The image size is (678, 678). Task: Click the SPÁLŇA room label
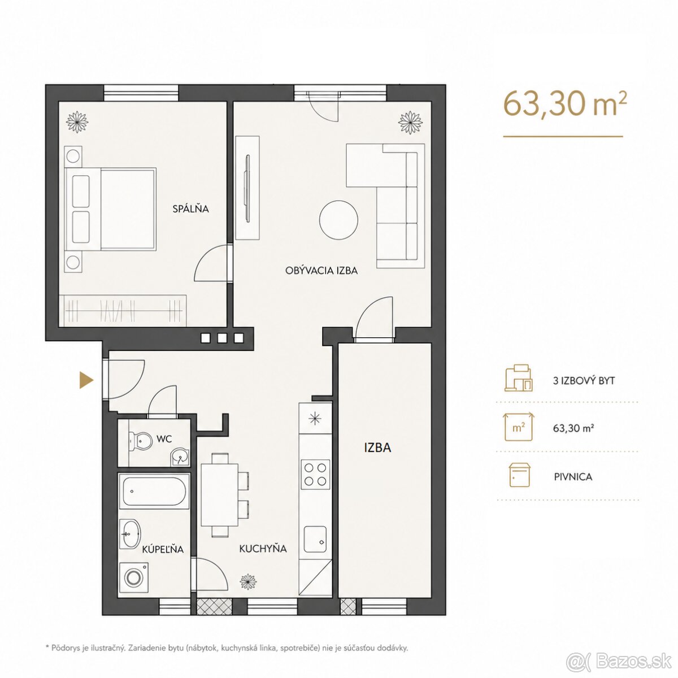[190, 208]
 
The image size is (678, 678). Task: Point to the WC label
[164, 439]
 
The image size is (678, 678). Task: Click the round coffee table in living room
[338, 220]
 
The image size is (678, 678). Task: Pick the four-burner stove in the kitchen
[315, 475]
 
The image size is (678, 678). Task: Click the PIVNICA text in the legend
[573, 477]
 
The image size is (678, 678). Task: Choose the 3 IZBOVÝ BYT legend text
[584, 381]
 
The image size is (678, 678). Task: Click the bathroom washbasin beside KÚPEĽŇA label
[130, 534]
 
